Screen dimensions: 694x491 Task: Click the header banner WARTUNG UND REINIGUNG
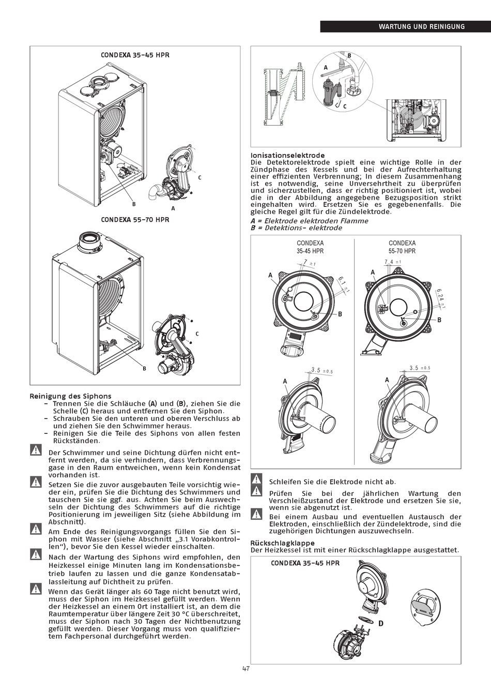coord(421,26)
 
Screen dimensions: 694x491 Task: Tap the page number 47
coord(246,668)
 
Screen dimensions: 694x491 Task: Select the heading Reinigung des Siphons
coord(70,396)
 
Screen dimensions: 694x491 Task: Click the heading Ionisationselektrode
coord(287,155)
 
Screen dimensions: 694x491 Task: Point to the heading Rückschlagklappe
coord(283,543)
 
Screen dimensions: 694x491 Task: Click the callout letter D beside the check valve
coord(381,624)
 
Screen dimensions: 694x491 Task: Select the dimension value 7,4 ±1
coord(393,262)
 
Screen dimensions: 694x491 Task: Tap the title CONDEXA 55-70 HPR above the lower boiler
coord(135,219)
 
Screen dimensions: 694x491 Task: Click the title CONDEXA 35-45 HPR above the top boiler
coord(135,55)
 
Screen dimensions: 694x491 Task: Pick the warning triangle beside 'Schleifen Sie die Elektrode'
coord(256,479)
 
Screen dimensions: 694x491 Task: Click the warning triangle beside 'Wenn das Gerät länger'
coord(36,589)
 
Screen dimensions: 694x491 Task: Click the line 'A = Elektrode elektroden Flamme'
coord(309,221)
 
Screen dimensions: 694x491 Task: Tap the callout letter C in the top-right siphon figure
coord(345,106)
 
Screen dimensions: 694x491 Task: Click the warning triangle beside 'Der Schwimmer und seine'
coord(36,450)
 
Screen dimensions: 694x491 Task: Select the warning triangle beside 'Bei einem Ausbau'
coord(256,514)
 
